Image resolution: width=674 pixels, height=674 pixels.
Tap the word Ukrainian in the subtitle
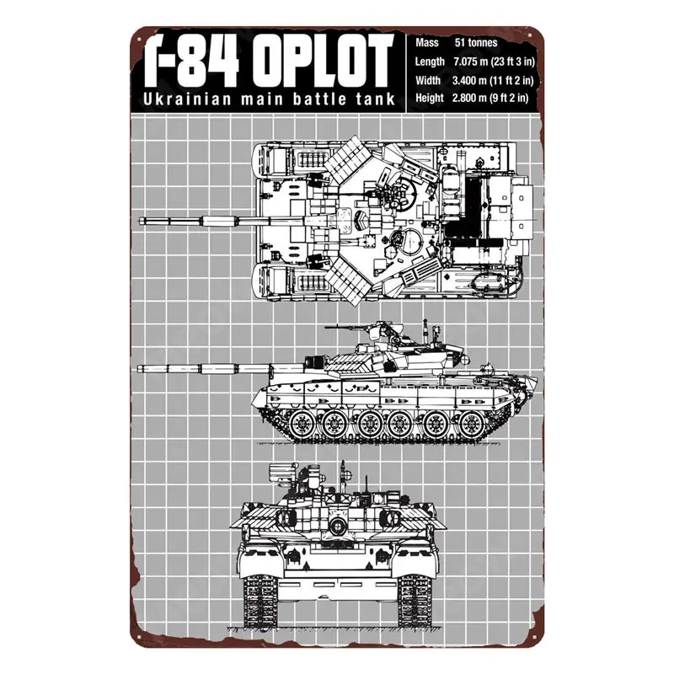[x=179, y=100]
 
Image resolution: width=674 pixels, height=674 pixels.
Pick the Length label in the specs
[x=431, y=61]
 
